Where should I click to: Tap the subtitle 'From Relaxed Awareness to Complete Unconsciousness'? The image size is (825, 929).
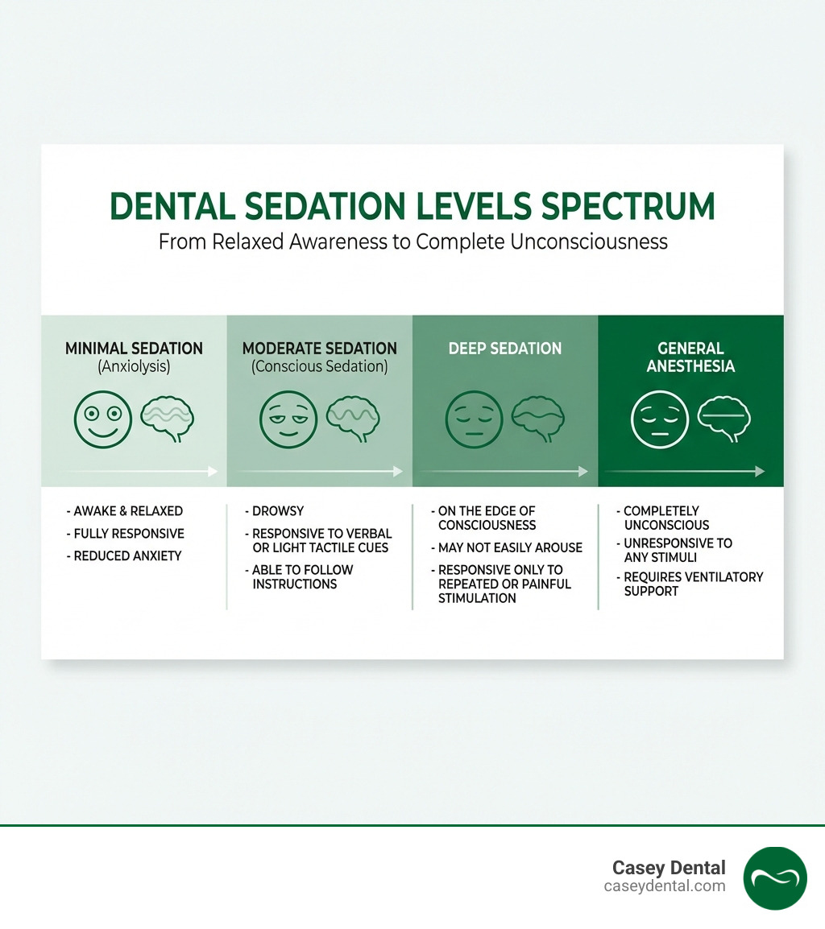point(412,242)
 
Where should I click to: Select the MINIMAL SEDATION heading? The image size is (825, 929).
point(134,349)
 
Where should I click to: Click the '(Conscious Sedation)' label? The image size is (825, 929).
point(319,366)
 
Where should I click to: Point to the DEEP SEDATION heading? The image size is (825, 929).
point(505,349)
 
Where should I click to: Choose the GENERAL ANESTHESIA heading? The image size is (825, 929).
point(690,357)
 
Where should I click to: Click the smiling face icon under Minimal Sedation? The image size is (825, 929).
point(102,419)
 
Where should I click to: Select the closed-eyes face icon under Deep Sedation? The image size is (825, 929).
point(474,419)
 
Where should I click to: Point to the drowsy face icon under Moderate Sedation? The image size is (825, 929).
point(288,419)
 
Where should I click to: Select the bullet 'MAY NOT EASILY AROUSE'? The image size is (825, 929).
point(510,547)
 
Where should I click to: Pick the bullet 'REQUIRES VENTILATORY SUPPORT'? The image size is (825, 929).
point(693,584)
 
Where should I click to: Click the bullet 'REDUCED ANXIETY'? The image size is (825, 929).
point(127,556)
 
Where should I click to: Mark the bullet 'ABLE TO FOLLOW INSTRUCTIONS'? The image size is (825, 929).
point(302,576)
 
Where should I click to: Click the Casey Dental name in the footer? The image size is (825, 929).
point(669,868)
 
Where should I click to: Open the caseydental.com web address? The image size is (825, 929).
point(665,886)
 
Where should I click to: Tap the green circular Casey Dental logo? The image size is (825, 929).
point(775,877)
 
